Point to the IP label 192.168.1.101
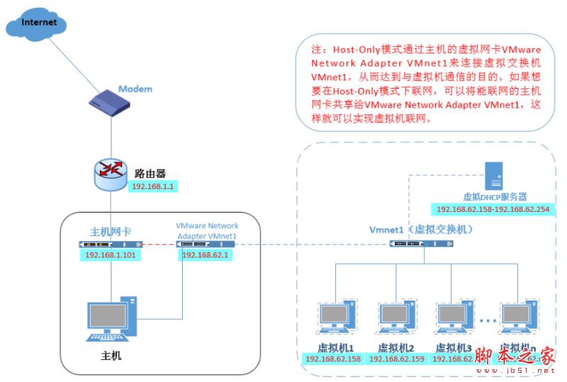110,255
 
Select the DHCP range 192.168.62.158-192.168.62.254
493,210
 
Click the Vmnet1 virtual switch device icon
422,244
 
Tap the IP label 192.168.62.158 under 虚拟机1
333,359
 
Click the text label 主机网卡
110,231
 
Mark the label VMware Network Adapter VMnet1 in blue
207,230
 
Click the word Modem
135,89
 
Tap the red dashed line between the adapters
158,244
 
